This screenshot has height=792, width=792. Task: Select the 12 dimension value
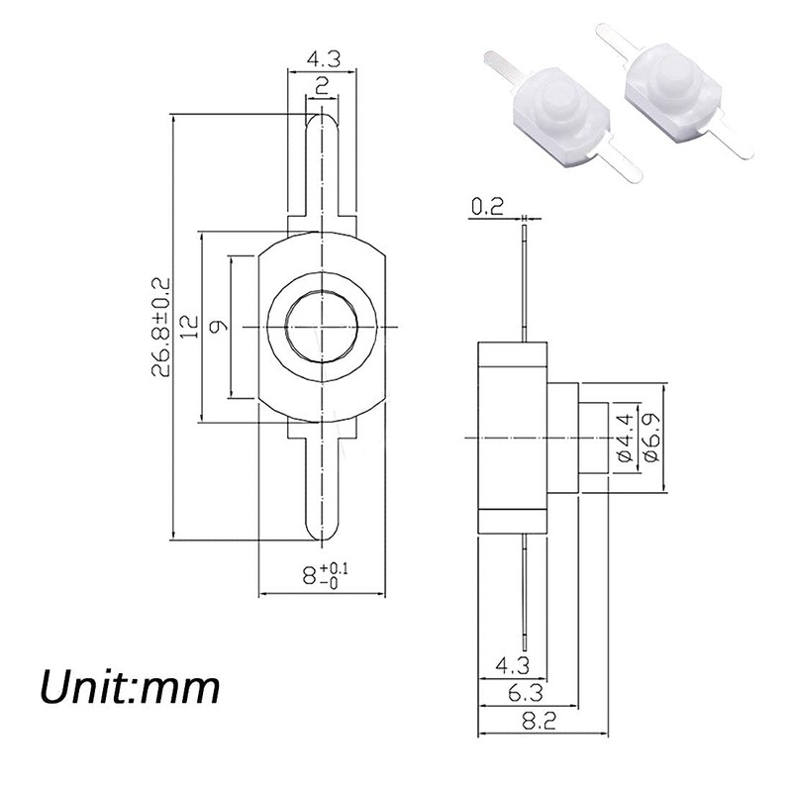click(x=189, y=328)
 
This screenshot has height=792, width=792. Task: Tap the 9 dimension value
click(x=219, y=328)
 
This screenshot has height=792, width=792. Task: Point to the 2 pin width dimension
click(x=321, y=85)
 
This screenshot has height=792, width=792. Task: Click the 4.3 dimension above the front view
click(x=321, y=58)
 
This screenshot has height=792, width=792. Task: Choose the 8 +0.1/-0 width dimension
click(x=324, y=574)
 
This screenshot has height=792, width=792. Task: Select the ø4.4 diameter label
click(x=623, y=437)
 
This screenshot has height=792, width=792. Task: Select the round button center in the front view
click(x=321, y=327)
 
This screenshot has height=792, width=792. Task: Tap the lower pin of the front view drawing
click(x=321, y=485)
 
